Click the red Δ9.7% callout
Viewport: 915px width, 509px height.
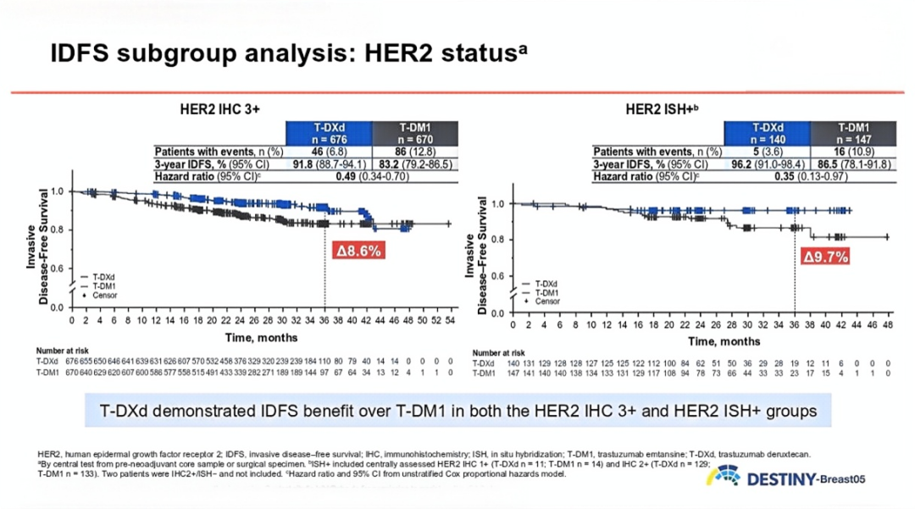[825, 257]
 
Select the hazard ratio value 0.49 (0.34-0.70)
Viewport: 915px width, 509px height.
[372, 176]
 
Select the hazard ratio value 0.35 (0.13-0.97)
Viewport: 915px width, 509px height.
[809, 176]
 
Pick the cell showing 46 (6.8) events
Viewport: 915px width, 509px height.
[330, 152]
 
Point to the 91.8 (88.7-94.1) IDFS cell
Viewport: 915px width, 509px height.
[330, 164]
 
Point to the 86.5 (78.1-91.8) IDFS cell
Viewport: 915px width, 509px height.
[853, 164]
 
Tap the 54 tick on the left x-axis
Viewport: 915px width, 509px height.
[450, 321]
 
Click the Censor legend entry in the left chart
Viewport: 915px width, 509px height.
[100, 295]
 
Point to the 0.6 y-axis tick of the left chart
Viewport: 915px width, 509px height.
[58, 269]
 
